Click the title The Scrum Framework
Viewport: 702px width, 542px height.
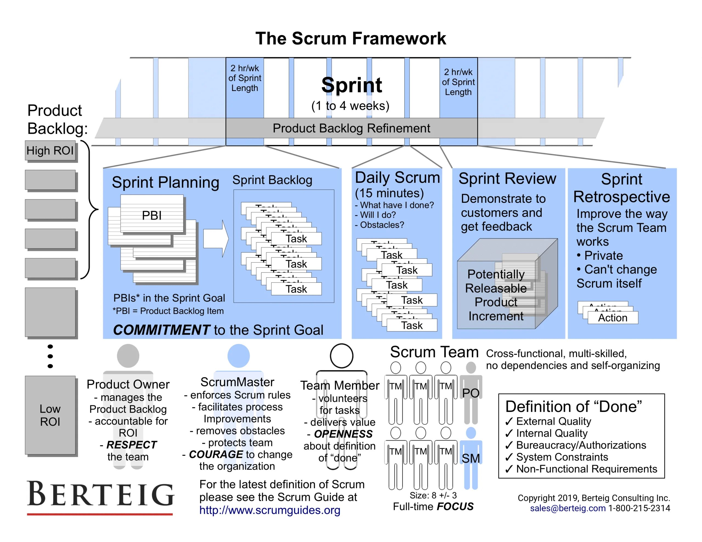[351, 39]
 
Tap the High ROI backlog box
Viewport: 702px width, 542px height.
[50, 150]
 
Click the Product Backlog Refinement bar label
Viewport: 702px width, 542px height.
[351, 128]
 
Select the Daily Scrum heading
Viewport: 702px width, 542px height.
[397, 178]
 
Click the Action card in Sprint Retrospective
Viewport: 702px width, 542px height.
[613, 318]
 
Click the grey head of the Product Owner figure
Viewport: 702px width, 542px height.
[128, 356]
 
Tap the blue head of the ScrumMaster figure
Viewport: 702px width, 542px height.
[239, 356]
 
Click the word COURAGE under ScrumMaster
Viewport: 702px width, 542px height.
[216, 454]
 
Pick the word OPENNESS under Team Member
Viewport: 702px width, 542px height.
[343, 434]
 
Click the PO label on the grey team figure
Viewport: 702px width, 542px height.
[471, 393]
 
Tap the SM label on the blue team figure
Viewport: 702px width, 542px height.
[471, 458]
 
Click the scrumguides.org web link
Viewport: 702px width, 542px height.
[270, 510]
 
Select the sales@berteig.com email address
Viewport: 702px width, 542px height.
[568, 508]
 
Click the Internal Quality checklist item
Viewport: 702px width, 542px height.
[551, 433]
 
